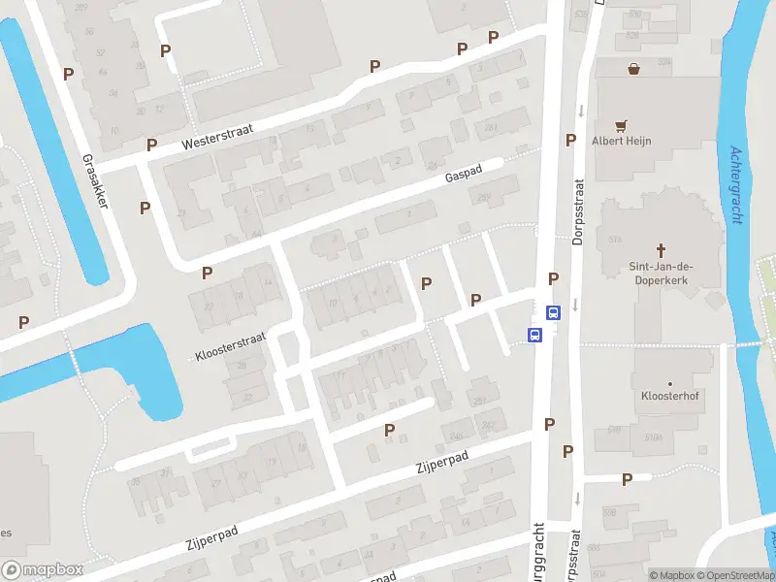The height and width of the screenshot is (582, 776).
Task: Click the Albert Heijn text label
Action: click(x=621, y=141)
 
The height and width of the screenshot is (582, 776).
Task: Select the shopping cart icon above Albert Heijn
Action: click(x=621, y=124)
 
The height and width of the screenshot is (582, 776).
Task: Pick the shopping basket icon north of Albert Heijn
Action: click(x=633, y=69)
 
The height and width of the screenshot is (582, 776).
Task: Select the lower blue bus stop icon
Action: click(x=534, y=335)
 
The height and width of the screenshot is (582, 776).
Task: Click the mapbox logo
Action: click(x=43, y=570)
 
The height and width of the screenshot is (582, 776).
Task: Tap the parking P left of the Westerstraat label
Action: click(x=151, y=145)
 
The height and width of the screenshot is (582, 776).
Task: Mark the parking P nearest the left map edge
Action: click(x=23, y=322)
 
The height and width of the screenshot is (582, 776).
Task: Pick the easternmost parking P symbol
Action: click(x=627, y=478)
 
